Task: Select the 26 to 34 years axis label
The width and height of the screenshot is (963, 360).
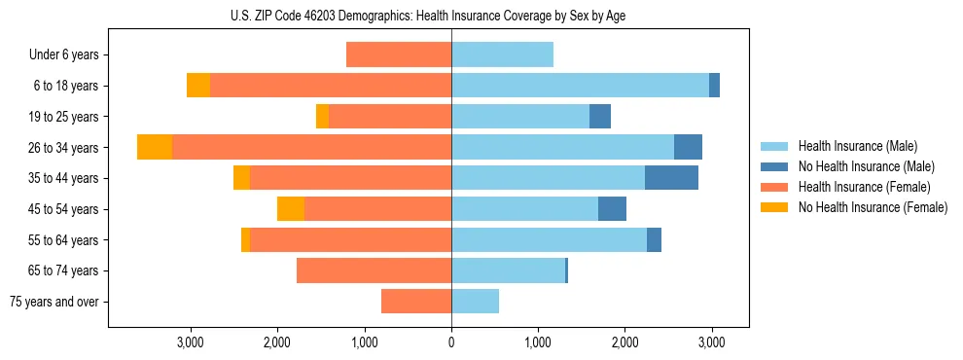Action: point(64,148)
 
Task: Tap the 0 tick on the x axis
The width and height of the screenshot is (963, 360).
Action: point(451,342)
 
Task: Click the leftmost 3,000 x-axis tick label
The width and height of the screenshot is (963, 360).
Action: point(191,342)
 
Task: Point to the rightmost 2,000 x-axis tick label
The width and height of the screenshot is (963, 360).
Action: point(624,342)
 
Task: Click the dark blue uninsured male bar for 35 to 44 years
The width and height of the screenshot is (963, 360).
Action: point(671,178)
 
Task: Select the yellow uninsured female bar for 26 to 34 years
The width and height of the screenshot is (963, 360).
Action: point(155,147)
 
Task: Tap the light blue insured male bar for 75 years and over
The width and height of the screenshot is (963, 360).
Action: point(475,302)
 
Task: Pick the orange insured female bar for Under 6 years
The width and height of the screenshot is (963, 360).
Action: point(399,55)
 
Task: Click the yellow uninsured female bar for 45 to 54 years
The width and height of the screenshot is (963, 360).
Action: point(291,209)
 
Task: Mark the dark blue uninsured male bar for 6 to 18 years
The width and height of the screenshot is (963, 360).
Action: point(714,86)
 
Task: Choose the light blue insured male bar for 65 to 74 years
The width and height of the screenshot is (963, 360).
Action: point(508,270)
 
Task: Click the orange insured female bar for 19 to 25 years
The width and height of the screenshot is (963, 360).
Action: point(390,117)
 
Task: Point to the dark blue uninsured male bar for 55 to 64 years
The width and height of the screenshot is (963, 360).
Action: point(654,239)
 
